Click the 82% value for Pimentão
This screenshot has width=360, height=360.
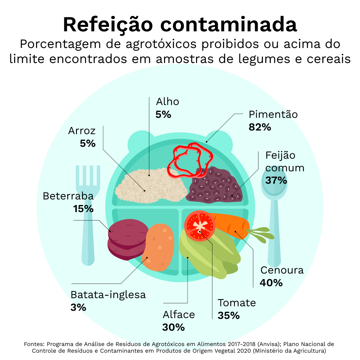coord(260,127)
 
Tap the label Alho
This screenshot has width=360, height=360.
coord(167,102)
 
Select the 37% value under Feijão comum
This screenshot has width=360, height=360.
coord(276,180)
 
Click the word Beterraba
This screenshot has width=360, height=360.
coord(68,196)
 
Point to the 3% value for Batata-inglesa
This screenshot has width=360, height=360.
coord(78,307)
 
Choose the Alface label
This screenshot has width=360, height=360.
coord(179,315)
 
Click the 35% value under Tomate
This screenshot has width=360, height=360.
coord(228,315)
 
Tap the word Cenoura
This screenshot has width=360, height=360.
coord(282,270)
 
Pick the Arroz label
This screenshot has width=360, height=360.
coord(82,131)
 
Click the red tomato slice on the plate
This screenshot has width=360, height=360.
coord(200,226)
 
